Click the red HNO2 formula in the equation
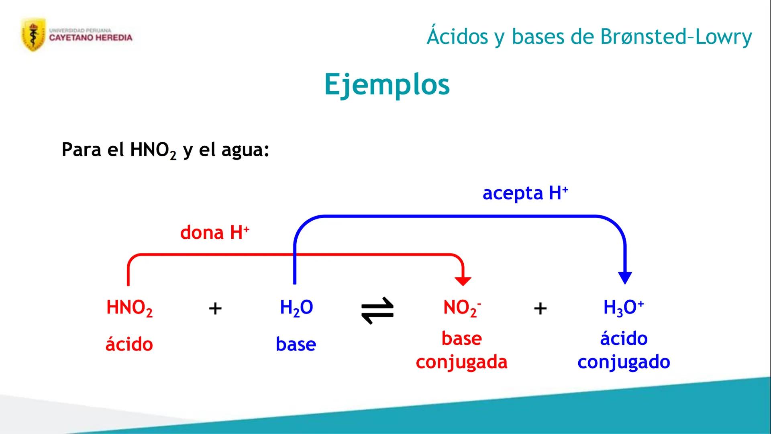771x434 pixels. click(129, 308)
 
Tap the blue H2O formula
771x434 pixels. click(296, 308)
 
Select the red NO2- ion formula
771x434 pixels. click(462, 308)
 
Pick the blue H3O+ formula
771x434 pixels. click(623, 308)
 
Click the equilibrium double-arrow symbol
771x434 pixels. click(377, 310)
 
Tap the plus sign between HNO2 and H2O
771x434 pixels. click(215, 309)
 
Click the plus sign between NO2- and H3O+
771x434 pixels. click(540, 309)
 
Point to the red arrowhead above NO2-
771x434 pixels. click(463, 281)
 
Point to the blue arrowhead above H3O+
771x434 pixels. click(625, 277)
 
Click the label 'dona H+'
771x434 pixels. click(215, 233)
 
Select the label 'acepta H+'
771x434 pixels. click(525, 193)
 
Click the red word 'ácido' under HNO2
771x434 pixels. click(129, 344)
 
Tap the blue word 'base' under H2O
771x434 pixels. click(296, 344)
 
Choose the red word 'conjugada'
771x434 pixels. click(461, 362)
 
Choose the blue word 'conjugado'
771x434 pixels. click(624, 362)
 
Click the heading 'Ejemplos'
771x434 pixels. click(387, 84)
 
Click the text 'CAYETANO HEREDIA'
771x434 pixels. click(91, 38)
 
